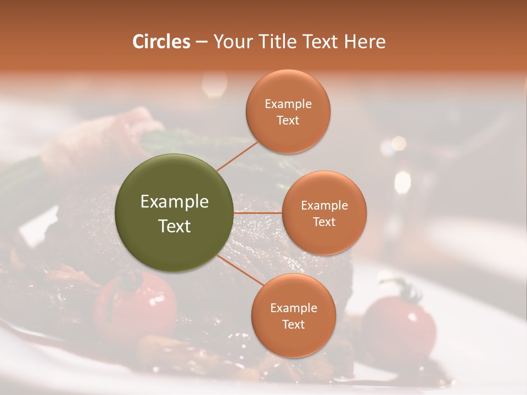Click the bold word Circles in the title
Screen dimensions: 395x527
[x=161, y=42]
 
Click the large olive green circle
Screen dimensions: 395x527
[x=175, y=213]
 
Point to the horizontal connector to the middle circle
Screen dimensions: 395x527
[x=258, y=213]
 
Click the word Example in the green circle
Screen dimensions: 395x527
[x=175, y=202]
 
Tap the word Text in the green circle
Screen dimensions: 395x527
[x=175, y=226]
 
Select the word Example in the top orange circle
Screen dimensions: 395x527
[x=288, y=104]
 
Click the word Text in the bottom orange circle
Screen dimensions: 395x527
[x=293, y=324]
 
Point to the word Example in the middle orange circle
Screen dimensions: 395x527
[x=324, y=206]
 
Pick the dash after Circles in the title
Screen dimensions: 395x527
[x=201, y=42]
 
